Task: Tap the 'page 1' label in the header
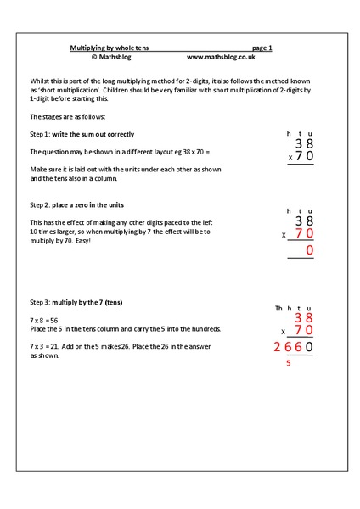[262, 48]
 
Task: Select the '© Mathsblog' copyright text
[113, 58]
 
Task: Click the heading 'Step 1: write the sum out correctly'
[82, 134]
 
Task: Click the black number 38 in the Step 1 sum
[304, 144]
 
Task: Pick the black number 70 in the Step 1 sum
[304, 158]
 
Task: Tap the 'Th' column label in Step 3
[278, 308]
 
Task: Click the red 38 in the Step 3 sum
[304, 318]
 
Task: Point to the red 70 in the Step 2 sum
[304, 233]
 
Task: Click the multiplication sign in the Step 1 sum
[290, 159]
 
